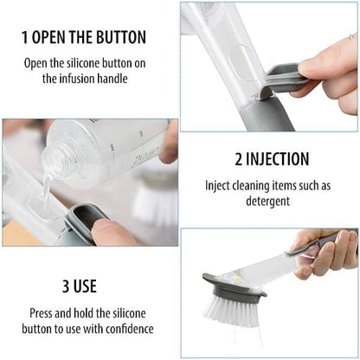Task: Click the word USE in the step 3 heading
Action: pos(87,286)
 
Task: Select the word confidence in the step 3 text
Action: pos(126,328)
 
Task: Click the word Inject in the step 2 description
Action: pos(220,185)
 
